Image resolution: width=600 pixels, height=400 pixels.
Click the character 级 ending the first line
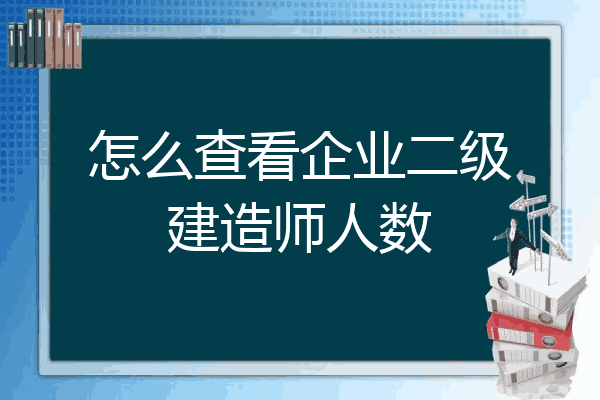click(485, 155)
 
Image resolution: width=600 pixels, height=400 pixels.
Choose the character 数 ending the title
click(405, 227)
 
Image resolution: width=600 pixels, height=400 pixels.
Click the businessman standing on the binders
click(514, 246)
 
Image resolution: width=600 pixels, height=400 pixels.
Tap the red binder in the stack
click(530, 330)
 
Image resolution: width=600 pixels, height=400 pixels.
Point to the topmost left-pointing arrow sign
click(526, 178)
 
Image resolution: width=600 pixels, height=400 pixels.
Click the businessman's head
click(514, 222)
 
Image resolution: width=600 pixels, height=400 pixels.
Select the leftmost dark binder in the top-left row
click(12, 45)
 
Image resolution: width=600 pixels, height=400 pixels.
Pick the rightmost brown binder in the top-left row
click(77, 46)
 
